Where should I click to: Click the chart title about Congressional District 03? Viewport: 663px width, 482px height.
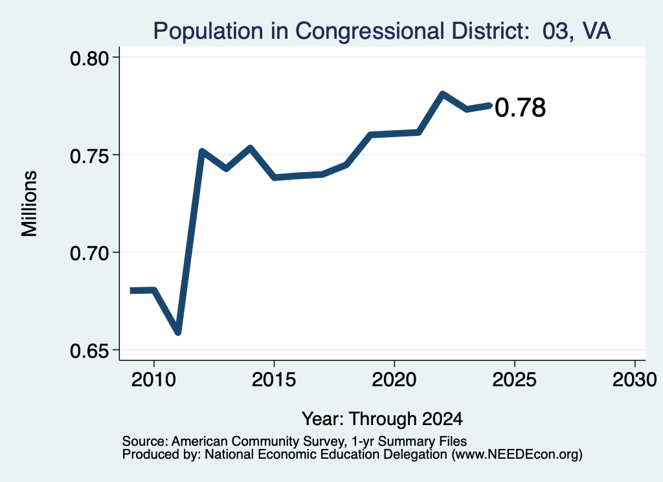pos(382,31)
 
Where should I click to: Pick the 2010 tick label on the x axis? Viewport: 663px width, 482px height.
pos(153,380)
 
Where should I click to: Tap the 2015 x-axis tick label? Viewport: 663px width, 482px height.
pos(274,380)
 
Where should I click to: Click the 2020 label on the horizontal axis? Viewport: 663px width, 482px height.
pos(394,380)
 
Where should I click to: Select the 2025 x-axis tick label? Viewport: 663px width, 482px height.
pos(514,380)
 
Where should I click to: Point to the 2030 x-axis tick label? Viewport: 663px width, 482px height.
pos(635,380)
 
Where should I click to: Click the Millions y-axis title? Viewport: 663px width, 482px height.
pos(30,204)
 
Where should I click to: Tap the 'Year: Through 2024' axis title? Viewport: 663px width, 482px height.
pos(382,419)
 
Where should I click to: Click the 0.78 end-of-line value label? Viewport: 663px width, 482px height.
pos(520,107)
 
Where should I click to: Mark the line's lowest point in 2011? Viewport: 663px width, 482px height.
pos(178,333)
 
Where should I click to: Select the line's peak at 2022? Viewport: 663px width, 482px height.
pos(442,93)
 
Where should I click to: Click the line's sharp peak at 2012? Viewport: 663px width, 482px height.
pos(202,151)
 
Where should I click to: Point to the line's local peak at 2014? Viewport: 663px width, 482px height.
pos(250,148)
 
